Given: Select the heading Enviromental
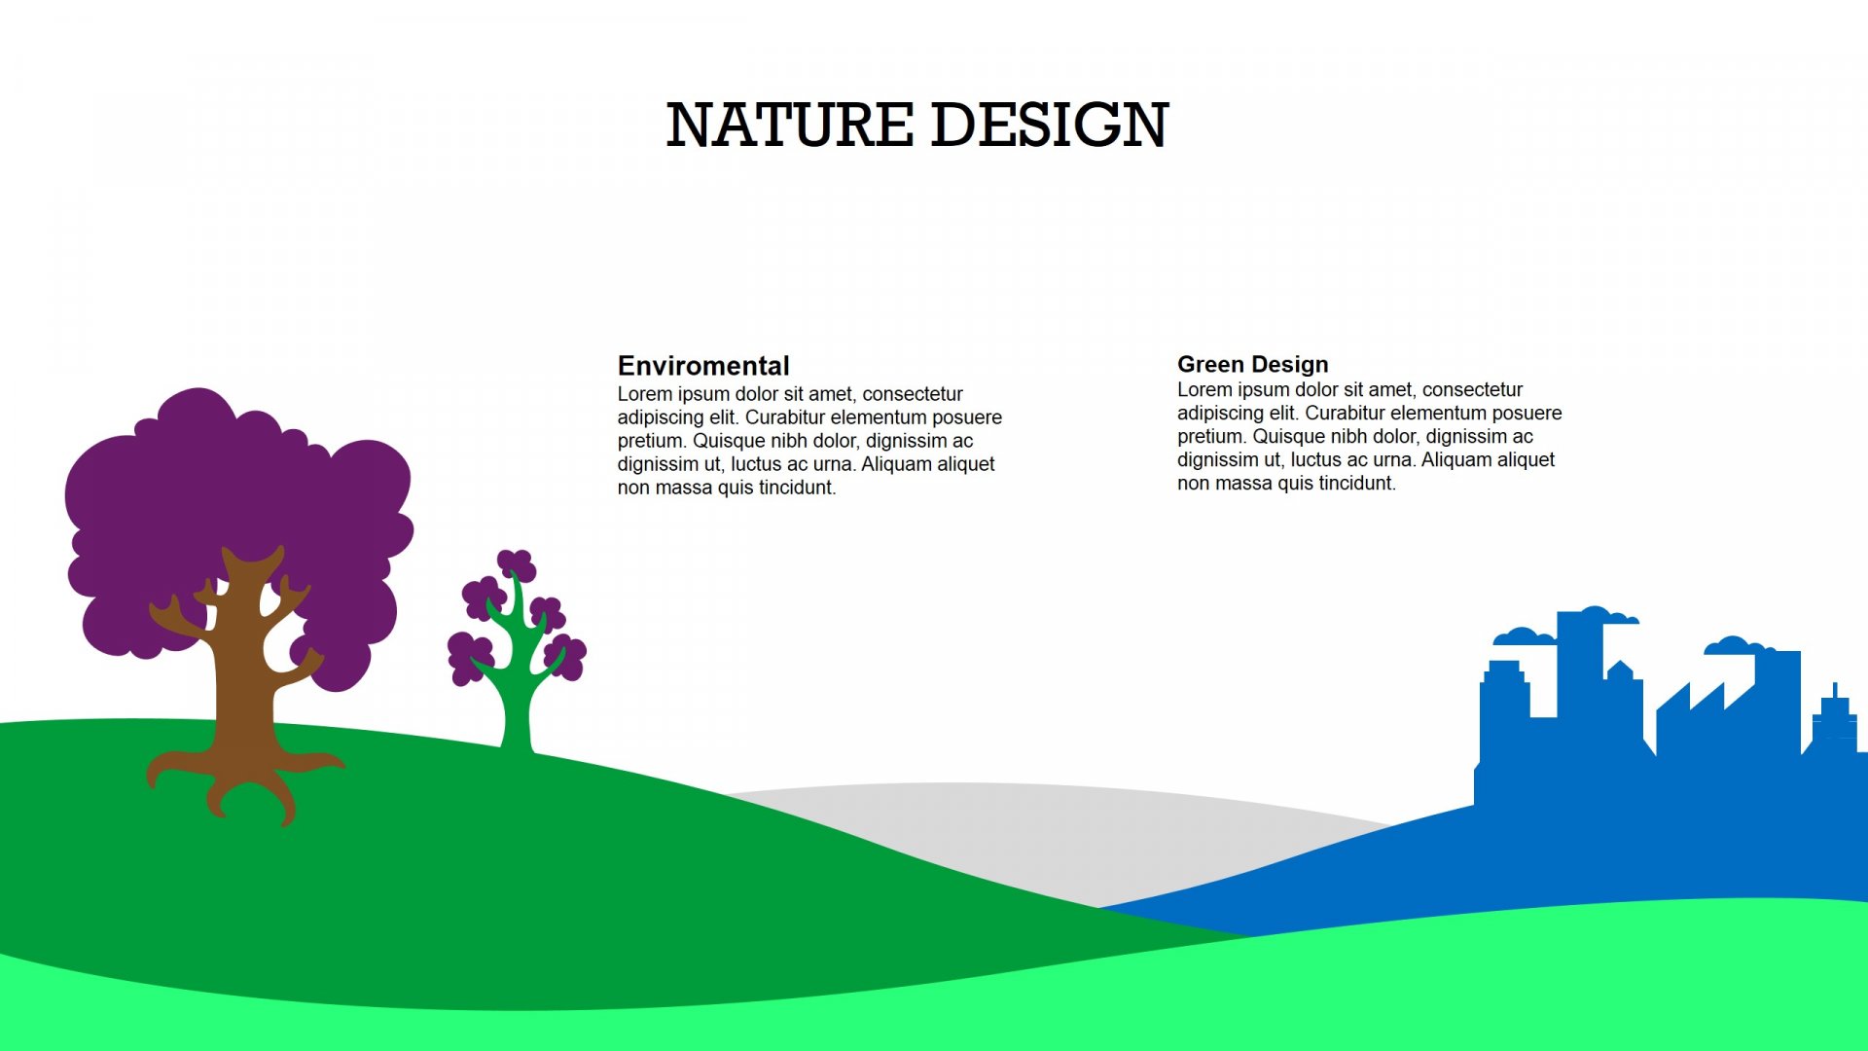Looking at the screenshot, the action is pos(703,366).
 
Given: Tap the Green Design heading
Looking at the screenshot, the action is pos(1253,364).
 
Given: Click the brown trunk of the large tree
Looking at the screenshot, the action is pos(243,671).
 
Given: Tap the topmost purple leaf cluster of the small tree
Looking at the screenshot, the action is pos(516,564).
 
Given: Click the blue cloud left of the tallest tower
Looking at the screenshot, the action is pos(1525,636).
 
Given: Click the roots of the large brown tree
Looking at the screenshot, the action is pos(243,779).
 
